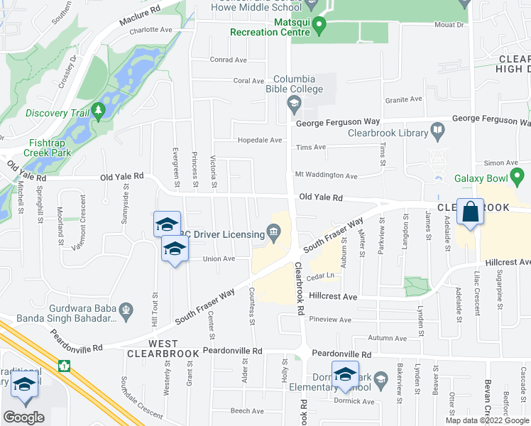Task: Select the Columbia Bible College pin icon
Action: [x=292, y=104]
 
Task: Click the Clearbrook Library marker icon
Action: [x=437, y=131]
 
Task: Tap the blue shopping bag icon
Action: [x=470, y=212]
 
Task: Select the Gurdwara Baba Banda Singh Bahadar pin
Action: [x=126, y=309]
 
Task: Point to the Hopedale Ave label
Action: [x=260, y=141]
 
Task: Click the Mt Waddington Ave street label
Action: [x=326, y=175]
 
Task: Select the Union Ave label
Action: [x=219, y=259]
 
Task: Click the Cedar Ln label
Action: [x=321, y=275]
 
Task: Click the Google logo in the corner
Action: [x=23, y=417]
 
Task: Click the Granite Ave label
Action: [x=404, y=100]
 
